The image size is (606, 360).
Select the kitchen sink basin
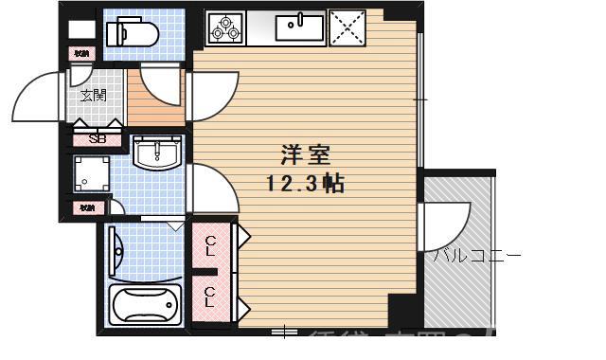[x=295, y=26]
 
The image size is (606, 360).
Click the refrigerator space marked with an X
[x=348, y=27]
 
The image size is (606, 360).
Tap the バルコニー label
[x=477, y=256]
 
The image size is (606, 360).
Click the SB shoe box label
[x=97, y=138]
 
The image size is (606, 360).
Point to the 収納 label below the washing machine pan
[x=86, y=207]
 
